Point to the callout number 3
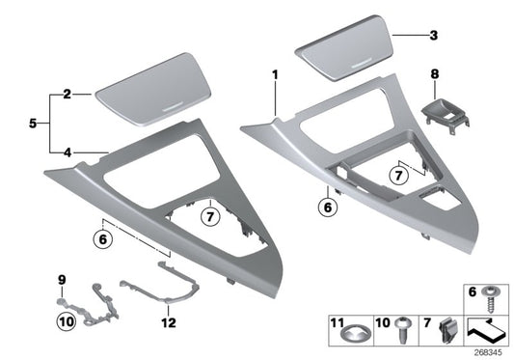click(x=433, y=36)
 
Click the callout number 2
click(x=68, y=95)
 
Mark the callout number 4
click(x=68, y=151)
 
